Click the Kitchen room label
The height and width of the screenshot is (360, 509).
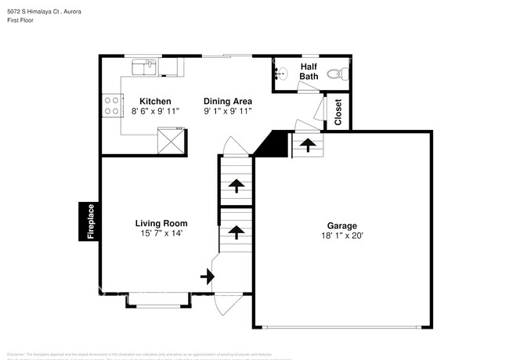[155, 101]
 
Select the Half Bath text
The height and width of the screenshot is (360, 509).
[309, 71]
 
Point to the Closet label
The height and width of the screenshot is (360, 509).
[338, 112]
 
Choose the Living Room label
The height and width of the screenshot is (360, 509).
[161, 223]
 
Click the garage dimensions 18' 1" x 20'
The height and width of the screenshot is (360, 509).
[341, 235]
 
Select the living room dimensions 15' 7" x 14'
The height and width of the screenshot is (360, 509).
[161, 234]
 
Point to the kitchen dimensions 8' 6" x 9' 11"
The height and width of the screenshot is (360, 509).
[155, 112]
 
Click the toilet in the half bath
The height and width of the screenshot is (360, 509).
[335, 75]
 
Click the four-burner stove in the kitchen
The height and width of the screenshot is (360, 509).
[111, 105]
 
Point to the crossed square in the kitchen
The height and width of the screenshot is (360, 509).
[171, 142]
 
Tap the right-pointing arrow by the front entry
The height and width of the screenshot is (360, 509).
[208, 275]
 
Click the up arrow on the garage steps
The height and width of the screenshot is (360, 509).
[309, 145]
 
